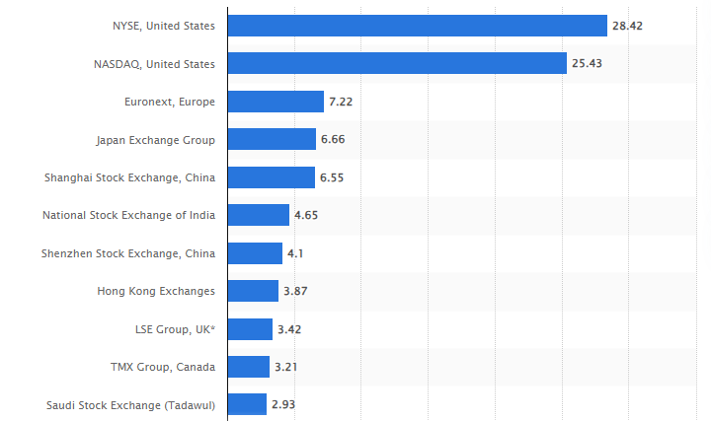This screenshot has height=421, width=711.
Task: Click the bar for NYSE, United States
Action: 417,26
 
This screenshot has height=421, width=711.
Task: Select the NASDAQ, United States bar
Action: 397,63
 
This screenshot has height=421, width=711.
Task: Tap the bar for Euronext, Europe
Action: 276,102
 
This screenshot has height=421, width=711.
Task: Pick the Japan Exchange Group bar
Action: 272,139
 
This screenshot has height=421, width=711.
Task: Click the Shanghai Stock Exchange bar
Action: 271,177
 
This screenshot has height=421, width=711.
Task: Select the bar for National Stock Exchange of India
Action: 258,215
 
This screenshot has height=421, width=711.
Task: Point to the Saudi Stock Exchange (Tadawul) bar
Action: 247,404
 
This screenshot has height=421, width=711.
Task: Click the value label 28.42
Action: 627,26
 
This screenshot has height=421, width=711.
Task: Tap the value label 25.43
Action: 588,63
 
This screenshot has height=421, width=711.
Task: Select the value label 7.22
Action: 341,102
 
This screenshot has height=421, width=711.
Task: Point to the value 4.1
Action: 296,253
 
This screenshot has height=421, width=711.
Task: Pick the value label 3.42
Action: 289,329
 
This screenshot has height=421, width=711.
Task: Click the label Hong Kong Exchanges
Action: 156,291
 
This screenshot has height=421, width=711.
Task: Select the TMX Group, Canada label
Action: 163,367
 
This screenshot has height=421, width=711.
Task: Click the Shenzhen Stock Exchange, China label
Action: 128,253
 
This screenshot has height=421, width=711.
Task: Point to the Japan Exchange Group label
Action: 155,139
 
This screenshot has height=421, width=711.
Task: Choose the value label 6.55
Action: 332,177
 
